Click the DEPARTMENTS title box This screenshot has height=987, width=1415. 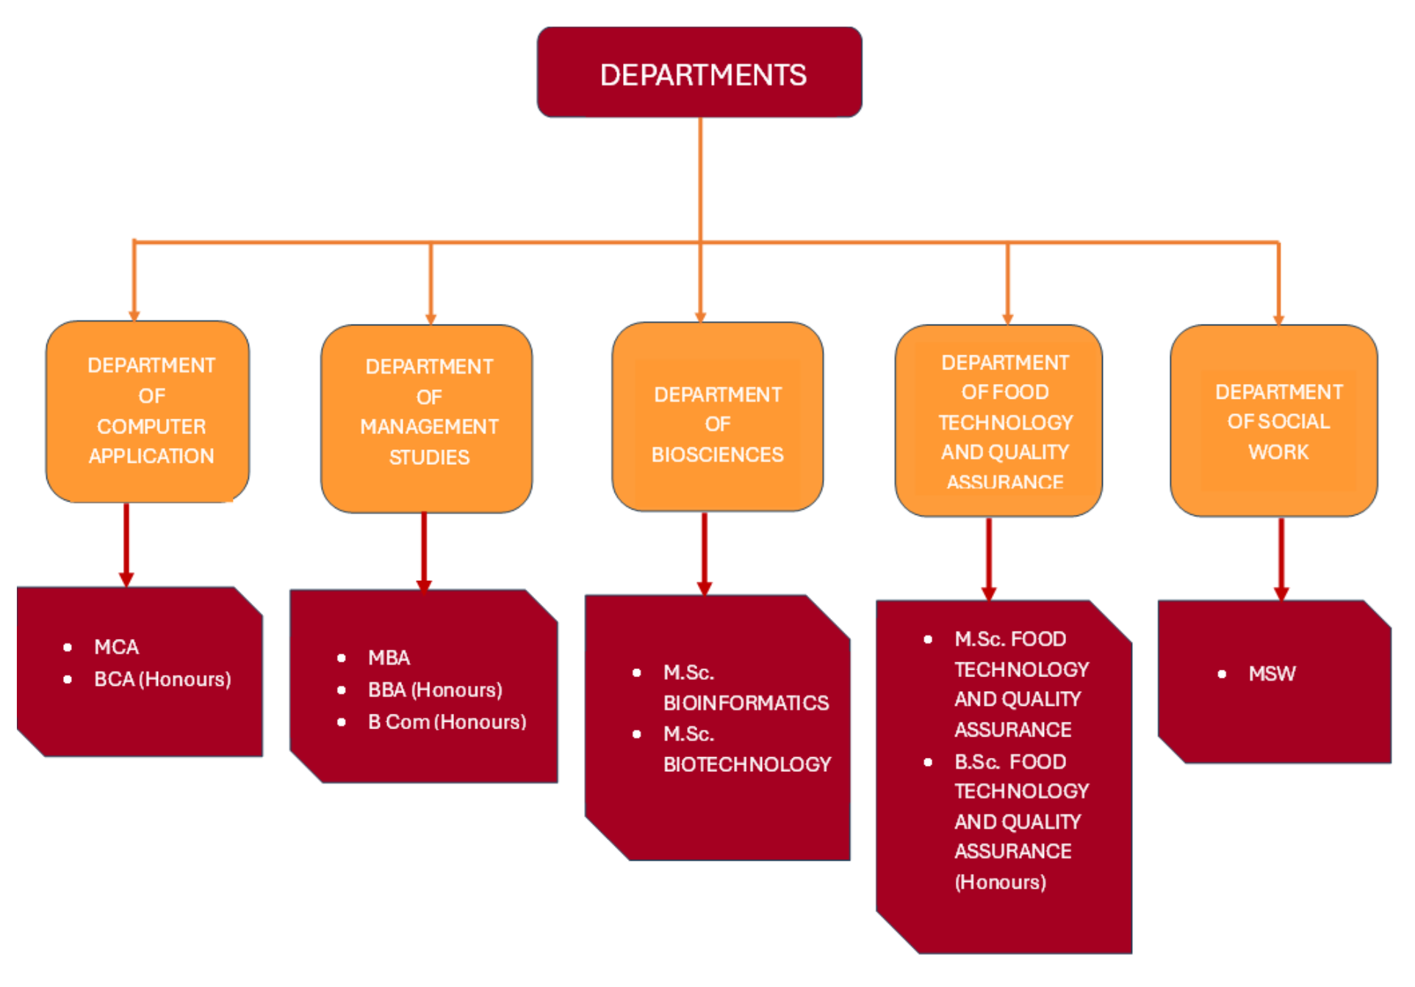pyautogui.click(x=699, y=73)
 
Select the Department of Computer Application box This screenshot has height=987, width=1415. pyautogui.click(x=148, y=412)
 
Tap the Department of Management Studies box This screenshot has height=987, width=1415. pyautogui.click(x=427, y=419)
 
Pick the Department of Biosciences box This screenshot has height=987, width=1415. pyautogui.click(x=717, y=416)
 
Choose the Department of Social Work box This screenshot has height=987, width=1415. pyautogui.click(x=1274, y=421)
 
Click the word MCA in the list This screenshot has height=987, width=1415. pyautogui.click(x=116, y=647)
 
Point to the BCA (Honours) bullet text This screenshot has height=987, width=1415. pyautogui.click(x=162, y=679)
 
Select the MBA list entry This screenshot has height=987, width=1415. pyautogui.click(x=389, y=657)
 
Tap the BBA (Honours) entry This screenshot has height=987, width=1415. pyautogui.click(x=435, y=690)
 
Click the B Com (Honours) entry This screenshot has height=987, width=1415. pyautogui.click(x=447, y=722)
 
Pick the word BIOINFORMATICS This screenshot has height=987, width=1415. pyautogui.click(x=746, y=703)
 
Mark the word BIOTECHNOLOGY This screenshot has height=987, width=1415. pyautogui.click(x=747, y=764)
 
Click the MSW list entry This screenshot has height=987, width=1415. pyautogui.click(x=1272, y=673)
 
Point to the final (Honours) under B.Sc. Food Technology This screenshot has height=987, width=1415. pyautogui.click(x=1000, y=882)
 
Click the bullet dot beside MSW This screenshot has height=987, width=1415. pyautogui.click(x=1222, y=674)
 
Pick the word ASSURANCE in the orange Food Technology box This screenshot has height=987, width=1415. pyautogui.click(x=1004, y=482)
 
